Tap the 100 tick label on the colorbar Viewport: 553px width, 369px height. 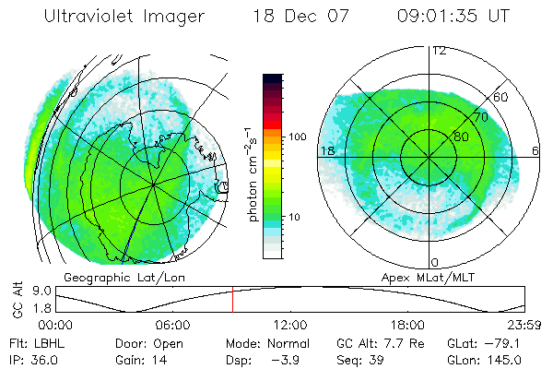[297, 137]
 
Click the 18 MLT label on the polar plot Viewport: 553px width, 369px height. [326, 150]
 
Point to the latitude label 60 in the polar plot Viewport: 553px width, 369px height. [501, 97]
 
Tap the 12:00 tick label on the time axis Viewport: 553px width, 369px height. [290, 325]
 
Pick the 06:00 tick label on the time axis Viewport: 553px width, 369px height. [172, 325]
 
